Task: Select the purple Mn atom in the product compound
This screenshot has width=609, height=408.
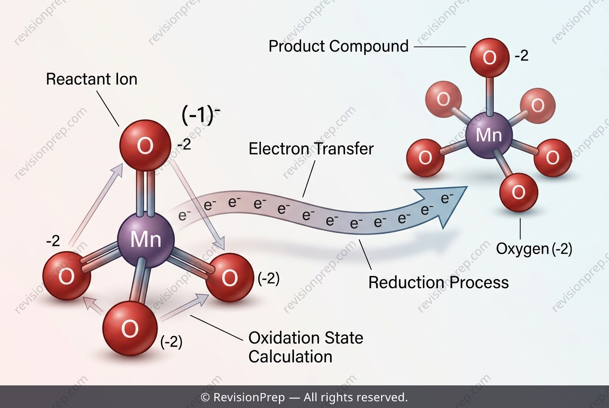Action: tap(489, 135)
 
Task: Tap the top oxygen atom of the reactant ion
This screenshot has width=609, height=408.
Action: tap(146, 145)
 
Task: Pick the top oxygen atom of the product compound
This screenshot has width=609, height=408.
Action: tap(490, 58)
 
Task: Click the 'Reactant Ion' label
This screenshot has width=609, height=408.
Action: tap(92, 79)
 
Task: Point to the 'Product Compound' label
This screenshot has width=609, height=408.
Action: tap(339, 46)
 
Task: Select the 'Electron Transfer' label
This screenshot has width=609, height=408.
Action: tap(311, 149)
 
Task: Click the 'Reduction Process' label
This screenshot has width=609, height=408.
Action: tap(438, 282)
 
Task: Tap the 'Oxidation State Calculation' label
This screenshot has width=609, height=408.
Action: tap(305, 347)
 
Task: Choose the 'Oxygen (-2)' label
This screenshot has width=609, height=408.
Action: tap(534, 249)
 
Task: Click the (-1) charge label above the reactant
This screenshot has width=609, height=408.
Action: tap(200, 116)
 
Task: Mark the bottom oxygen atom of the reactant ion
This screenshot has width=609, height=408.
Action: tap(130, 328)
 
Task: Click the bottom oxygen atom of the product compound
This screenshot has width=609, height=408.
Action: tap(519, 192)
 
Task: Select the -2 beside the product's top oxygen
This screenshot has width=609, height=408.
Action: tap(521, 56)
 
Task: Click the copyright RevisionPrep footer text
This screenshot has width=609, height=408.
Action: tap(304, 397)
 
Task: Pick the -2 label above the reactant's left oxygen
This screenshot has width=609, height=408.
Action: tap(53, 241)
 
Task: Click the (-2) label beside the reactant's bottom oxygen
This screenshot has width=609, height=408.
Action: tap(172, 342)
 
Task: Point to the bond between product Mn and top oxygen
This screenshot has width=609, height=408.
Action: tap(490, 96)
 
